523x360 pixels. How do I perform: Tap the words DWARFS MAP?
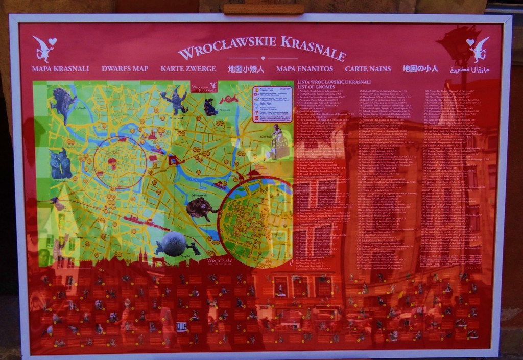coord(125,68)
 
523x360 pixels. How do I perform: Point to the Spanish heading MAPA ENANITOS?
coord(304,68)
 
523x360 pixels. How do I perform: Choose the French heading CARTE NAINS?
coord(368,68)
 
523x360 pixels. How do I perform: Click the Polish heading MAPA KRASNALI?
coord(60,68)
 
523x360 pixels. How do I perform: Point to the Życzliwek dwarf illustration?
coord(62,103)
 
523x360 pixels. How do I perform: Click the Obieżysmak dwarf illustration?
coord(201,208)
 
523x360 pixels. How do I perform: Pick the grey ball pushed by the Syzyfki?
coord(173,244)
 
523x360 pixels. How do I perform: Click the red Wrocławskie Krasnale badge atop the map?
coord(203,87)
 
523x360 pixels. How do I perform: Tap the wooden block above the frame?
coord(263,9)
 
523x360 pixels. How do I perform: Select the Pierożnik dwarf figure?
coord(210,107)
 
